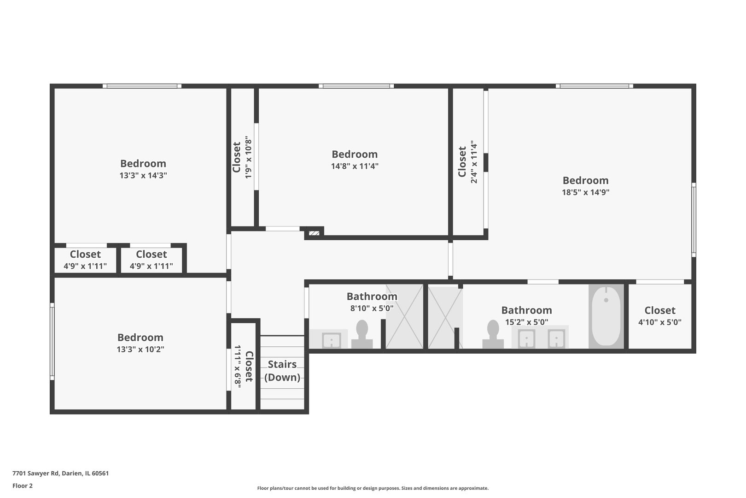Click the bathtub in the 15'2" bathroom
point(606,316)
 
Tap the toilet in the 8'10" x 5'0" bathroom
point(362,335)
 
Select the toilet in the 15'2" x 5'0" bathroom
point(493,335)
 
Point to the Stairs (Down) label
point(282,371)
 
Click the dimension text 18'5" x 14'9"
point(585,192)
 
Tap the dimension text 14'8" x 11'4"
point(355,166)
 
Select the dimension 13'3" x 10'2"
point(140,349)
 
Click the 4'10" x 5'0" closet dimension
point(660,322)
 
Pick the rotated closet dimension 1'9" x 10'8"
point(248,157)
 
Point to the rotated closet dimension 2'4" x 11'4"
point(474,162)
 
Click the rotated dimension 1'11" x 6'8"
point(238,366)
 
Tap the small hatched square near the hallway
point(314,233)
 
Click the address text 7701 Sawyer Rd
point(35,473)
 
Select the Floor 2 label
point(23,486)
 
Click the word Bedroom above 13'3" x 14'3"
point(143,163)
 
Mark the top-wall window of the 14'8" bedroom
point(356,86)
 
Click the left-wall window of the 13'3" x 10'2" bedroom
point(52,341)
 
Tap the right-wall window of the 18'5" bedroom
point(694,220)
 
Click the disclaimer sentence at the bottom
point(373,488)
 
